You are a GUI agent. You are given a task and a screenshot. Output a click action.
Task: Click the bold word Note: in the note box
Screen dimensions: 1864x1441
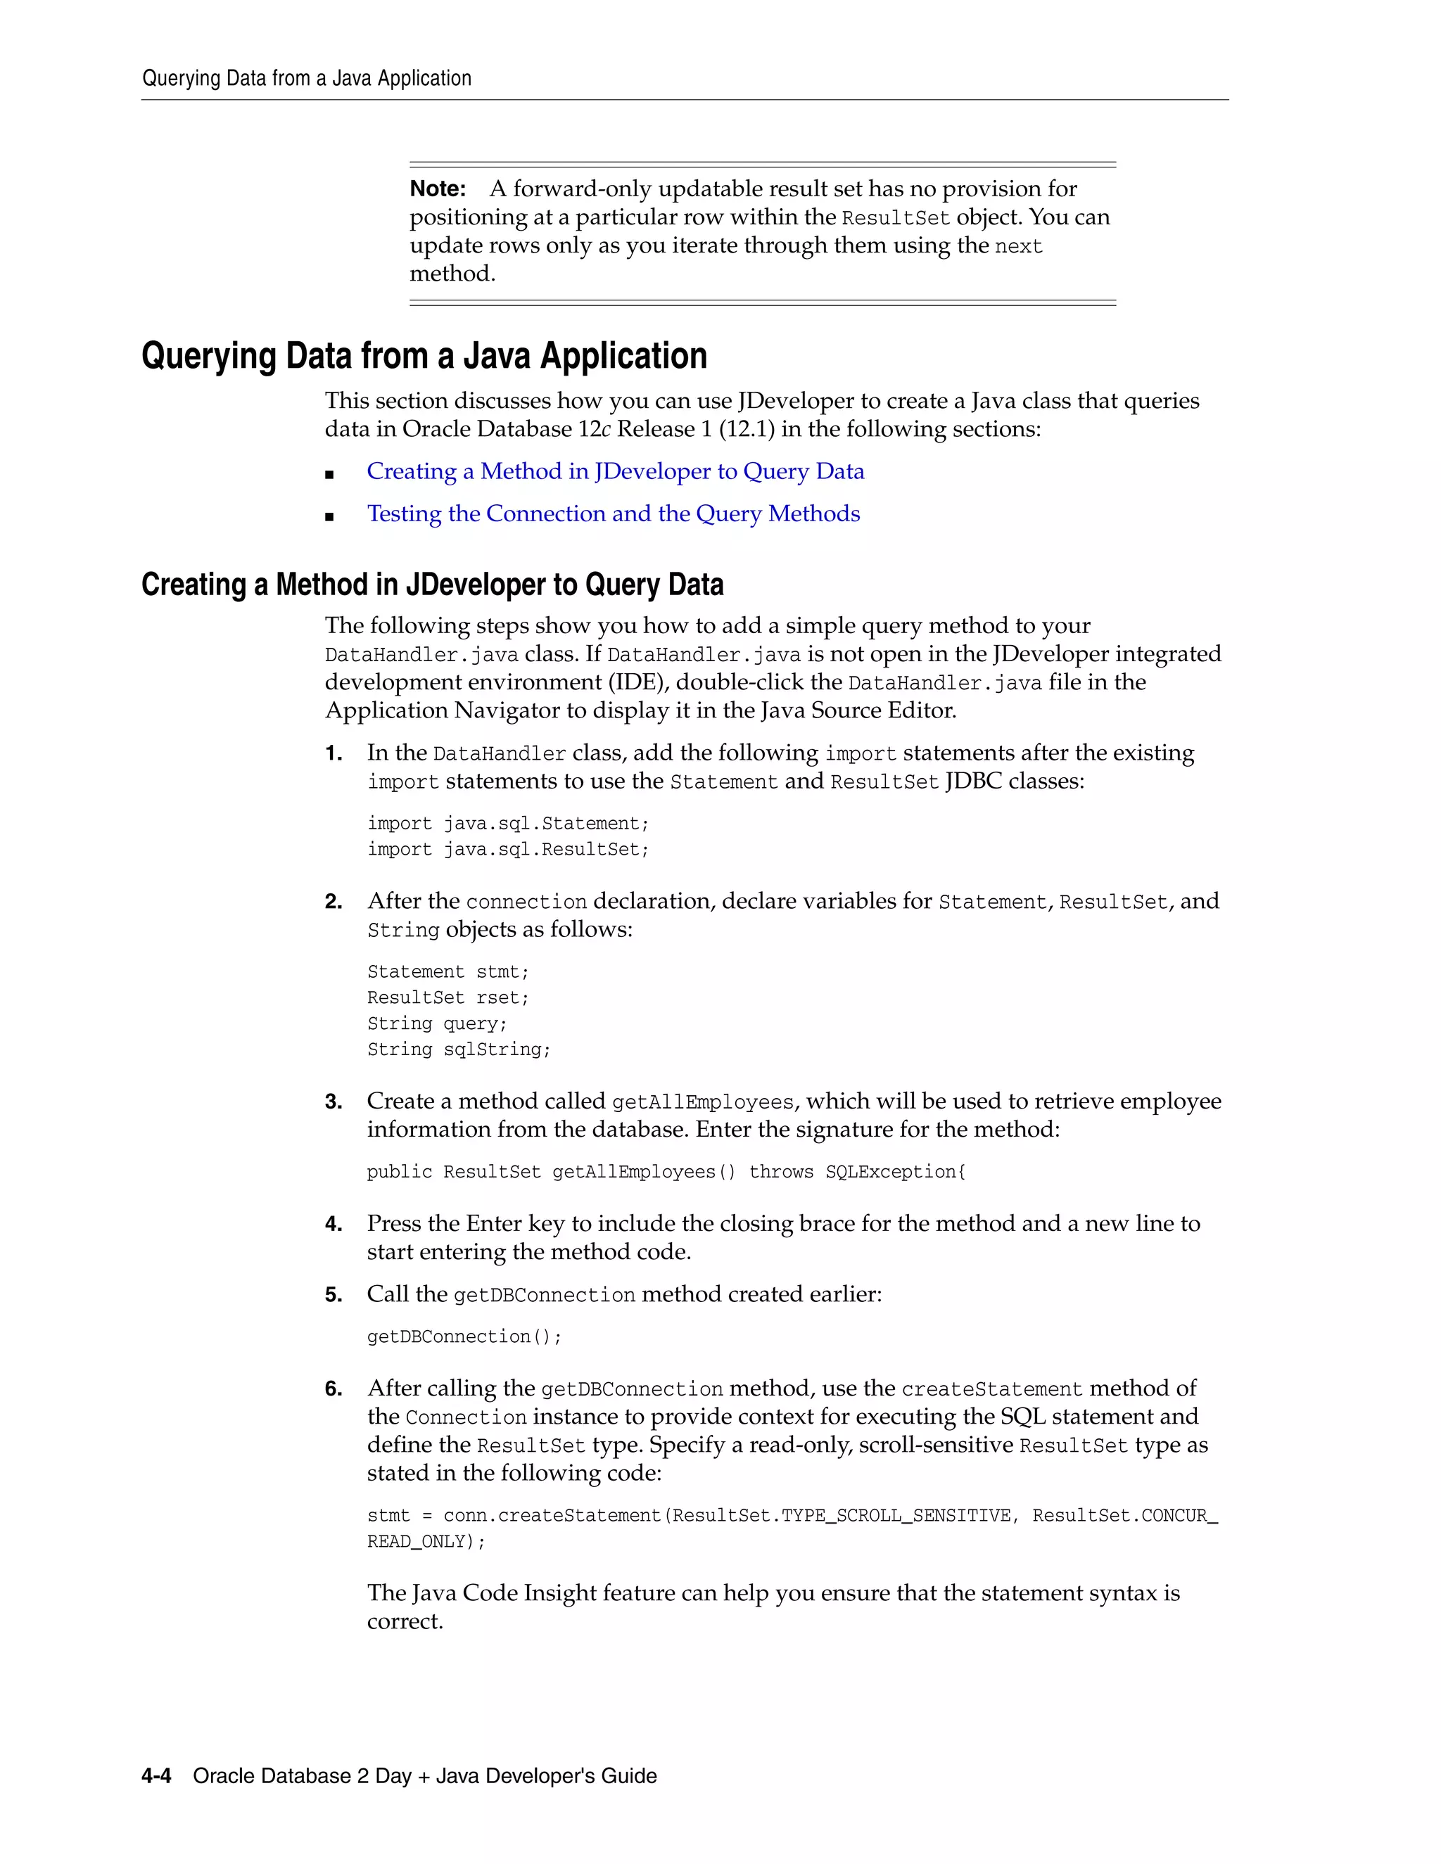[437, 189]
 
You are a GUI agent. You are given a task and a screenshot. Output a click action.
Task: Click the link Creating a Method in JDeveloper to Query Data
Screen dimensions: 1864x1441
[615, 471]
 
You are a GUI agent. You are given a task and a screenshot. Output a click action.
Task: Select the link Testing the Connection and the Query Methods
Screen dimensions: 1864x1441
[613, 513]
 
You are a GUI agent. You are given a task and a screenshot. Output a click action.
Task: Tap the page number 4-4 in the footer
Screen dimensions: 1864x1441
[156, 1776]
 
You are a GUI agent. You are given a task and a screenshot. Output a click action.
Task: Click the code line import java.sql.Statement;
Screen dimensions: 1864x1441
[508, 824]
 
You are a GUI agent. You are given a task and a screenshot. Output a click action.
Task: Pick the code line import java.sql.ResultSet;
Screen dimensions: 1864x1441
[508, 849]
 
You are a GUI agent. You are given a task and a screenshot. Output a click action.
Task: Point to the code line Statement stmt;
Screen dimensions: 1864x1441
[448, 972]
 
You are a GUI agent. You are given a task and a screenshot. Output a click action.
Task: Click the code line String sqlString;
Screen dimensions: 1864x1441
[459, 1049]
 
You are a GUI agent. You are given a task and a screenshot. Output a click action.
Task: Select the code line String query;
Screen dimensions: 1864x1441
[437, 1024]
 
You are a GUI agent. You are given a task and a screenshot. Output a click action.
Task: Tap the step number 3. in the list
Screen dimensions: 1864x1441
[333, 1102]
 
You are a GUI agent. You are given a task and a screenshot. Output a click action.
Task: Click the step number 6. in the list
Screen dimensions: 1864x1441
[333, 1389]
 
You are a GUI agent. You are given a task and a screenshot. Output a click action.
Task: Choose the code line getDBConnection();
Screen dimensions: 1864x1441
[464, 1336]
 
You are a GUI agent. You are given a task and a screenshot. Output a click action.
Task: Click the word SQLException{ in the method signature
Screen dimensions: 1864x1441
[896, 1172]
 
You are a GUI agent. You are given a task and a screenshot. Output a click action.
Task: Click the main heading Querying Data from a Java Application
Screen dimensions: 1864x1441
[424, 356]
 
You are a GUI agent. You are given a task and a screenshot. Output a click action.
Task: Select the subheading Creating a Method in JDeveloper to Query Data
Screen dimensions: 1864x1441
[432, 585]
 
